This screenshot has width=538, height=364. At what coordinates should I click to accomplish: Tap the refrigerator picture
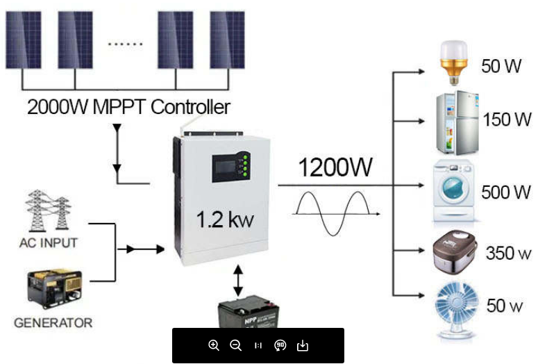click(x=457, y=122)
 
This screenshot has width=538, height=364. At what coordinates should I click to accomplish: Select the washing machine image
click(x=456, y=190)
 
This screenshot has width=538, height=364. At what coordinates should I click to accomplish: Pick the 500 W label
click(x=505, y=192)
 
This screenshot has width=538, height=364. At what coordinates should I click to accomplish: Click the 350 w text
click(x=508, y=253)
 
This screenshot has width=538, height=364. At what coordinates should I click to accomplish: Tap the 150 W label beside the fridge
click(x=507, y=119)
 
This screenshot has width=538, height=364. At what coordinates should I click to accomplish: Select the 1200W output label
click(x=335, y=167)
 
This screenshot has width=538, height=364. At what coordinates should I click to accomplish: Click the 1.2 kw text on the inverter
click(x=224, y=221)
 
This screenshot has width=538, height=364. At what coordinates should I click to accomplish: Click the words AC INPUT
click(x=49, y=243)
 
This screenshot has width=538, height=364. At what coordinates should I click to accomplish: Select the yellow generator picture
click(x=54, y=289)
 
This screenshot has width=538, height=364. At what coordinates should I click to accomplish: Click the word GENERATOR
click(x=53, y=323)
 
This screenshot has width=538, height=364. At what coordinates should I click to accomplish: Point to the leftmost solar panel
click(x=23, y=40)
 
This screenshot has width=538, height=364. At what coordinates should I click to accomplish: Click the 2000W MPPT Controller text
click(x=128, y=108)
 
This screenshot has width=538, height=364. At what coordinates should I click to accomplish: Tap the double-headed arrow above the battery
click(x=238, y=281)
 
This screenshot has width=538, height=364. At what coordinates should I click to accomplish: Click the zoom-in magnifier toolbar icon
click(x=214, y=345)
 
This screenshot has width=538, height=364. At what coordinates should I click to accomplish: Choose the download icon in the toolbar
click(x=302, y=345)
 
